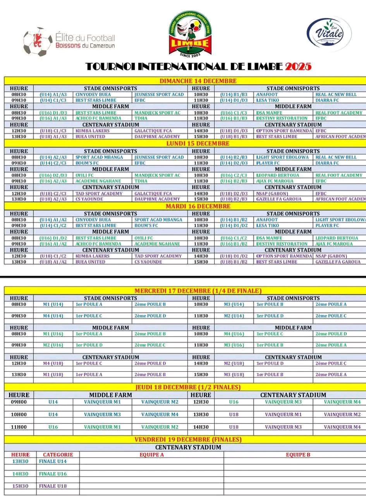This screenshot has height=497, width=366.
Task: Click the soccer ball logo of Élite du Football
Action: (x=38, y=41)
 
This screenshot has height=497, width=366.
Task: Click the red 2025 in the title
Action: (x=298, y=67)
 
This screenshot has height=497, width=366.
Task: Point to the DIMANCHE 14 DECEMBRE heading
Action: (x=198, y=81)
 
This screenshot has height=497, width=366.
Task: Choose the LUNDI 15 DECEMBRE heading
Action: (x=198, y=143)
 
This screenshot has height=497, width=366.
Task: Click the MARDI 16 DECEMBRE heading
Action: (x=198, y=206)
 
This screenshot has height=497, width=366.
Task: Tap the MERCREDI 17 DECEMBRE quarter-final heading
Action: (x=198, y=291)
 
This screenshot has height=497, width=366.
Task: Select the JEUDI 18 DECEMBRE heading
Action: (x=188, y=387)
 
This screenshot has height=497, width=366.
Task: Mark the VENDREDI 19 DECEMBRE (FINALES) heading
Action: (x=188, y=440)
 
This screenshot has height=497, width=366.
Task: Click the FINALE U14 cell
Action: (x=53, y=461)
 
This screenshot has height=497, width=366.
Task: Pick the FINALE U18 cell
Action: (x=53, y=486)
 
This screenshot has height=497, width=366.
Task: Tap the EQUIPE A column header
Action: (x=151, y=455)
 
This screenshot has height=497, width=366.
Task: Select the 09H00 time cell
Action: (x=19, y=402)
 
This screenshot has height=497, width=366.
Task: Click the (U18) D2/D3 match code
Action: (x=234, y=193)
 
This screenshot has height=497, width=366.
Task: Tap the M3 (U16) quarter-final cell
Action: (x=234, y=345)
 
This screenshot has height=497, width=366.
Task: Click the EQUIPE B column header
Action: (x=298, y=455)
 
